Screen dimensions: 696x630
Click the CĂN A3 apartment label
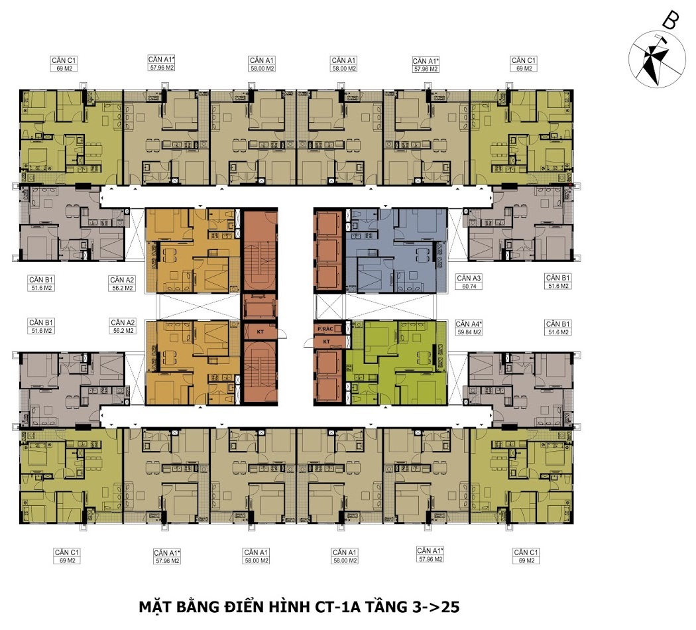469,279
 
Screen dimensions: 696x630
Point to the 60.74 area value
469,286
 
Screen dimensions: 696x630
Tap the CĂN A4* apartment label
469,324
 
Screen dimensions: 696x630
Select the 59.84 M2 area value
469,332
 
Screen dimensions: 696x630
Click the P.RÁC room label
325,329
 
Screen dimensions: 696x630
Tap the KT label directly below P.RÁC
327,342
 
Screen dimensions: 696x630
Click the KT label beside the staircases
260,332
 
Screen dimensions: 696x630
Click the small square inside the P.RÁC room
338,329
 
